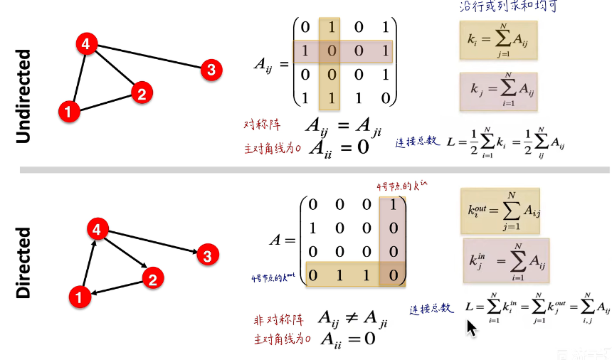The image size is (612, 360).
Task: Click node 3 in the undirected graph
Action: point(211,70)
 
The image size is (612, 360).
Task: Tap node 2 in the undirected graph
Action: point(142,92)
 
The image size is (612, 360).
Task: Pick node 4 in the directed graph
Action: point(97,230)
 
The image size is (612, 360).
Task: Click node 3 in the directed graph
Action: point(206,255)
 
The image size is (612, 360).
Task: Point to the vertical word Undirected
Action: point(23,97)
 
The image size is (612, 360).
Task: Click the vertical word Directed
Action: point(23,262)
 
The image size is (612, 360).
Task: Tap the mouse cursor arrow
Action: point(471,328)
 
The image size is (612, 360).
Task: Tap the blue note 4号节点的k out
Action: point(274,276)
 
